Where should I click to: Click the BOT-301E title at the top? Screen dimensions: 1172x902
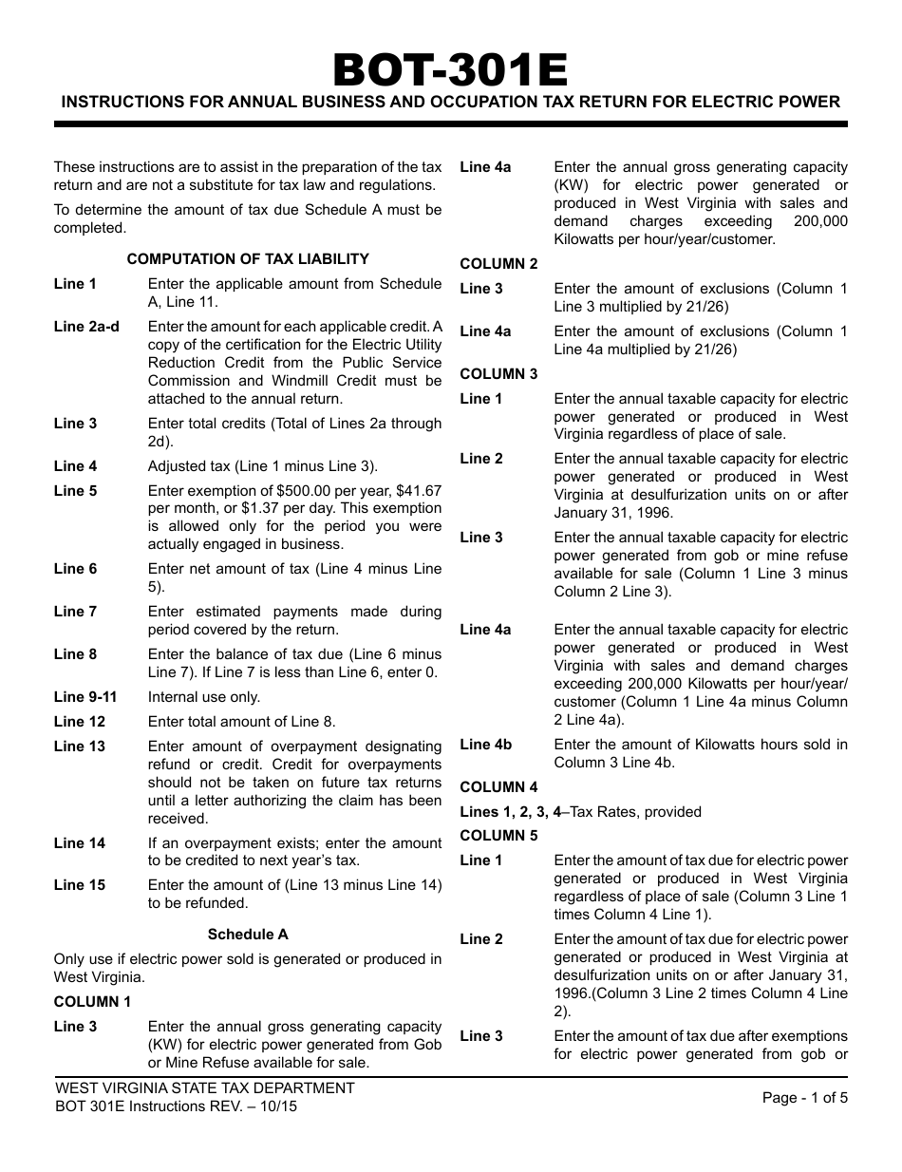pos(450,69)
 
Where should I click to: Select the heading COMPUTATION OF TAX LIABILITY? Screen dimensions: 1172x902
pos(248,259)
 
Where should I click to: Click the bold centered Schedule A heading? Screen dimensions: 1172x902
pos(248,935)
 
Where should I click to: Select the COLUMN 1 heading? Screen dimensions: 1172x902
pos(92,1002)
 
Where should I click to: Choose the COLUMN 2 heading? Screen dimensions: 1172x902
pos(498,264)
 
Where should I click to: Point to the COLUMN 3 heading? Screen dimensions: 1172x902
pos(498,374)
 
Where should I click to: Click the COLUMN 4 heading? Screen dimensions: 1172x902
pos(498,787)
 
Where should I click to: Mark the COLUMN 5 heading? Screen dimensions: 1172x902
pos(498,836)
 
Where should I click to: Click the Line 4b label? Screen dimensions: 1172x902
pos(486,745)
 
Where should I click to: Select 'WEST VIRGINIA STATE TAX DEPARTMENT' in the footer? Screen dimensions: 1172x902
pos(204,1088)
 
